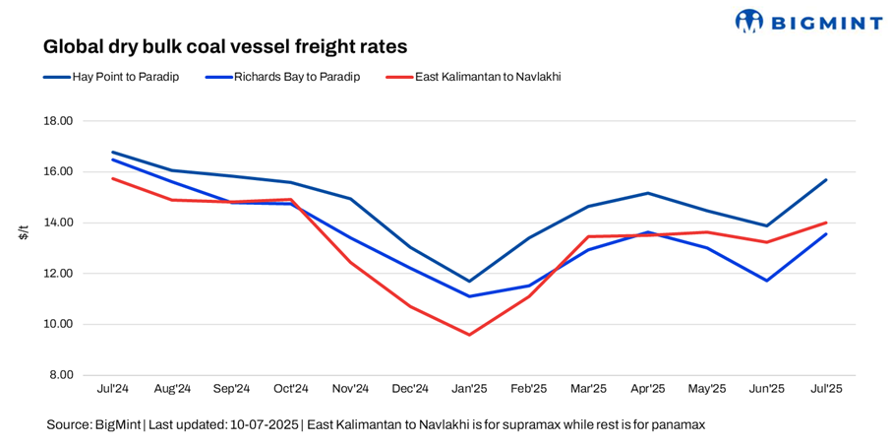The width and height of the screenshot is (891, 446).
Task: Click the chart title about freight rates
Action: [x=224, y=46]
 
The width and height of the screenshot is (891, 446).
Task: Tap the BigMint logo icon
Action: [x=749, y=21]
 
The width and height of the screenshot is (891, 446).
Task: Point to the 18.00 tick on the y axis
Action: [x=60, y=121]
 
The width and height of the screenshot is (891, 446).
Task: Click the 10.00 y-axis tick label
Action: [x=60, y=324]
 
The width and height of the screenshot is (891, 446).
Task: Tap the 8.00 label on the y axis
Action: [x=63, y=375]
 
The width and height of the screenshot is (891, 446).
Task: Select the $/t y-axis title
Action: [x=23, y=232]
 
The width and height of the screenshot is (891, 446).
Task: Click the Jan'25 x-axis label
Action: [x=469, y=389]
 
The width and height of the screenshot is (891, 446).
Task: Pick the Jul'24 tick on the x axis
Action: [x=112, y=389]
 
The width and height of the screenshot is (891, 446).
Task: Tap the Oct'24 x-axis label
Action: [x=291, y=389]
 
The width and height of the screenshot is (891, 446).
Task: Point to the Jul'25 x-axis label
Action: [x=826, y=389]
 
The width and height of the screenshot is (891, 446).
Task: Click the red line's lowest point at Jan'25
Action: [x=469, y=335]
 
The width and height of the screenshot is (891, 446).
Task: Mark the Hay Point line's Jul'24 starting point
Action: [x=113, y=153]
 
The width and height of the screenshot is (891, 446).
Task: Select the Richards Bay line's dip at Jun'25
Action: [x=766, y=281]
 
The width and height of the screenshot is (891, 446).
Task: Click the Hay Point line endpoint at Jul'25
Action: [x=826, y=180]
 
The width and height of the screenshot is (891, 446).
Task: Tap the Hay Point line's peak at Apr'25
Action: [x=648, y=193]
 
